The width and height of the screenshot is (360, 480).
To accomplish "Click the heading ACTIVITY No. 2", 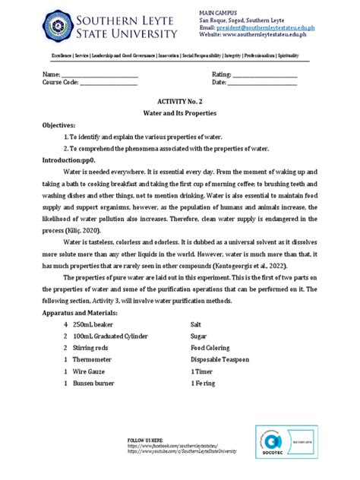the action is click(178, 100).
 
